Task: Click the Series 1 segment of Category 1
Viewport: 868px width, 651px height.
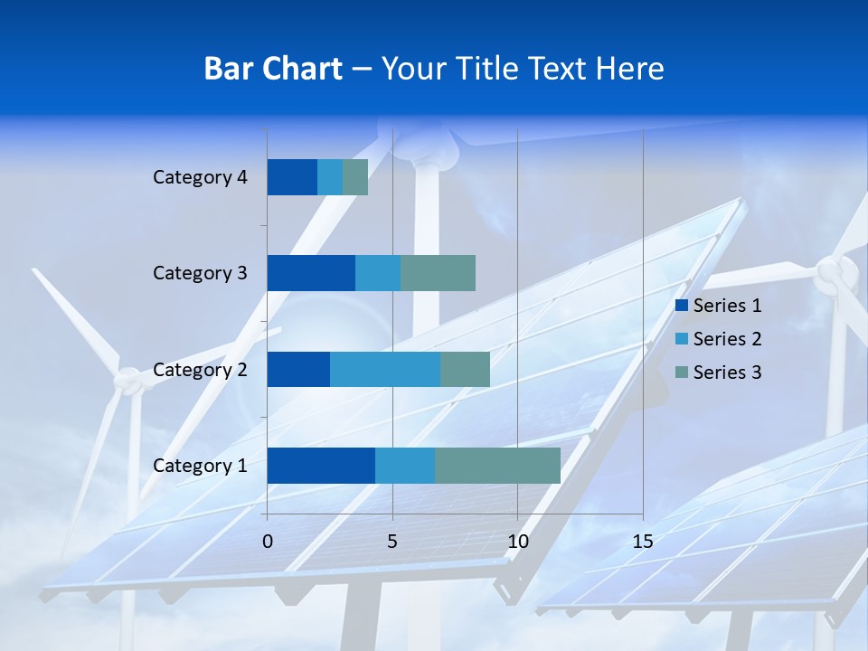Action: (321, 466)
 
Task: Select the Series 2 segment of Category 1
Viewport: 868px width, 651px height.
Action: (405, 466)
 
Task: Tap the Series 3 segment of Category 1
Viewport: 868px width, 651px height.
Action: (497, 466)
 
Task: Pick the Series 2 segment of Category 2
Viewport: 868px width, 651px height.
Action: (385, 369)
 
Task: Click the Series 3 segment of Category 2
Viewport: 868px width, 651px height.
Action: (465, 369)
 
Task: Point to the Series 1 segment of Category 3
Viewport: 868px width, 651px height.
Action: (311, 273)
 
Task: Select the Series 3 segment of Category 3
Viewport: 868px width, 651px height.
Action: (438, 273)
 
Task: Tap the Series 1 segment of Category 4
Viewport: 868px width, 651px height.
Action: (292, 177)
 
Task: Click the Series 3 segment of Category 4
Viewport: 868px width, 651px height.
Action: (355, 177)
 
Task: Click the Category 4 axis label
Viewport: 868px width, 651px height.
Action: (200, 177)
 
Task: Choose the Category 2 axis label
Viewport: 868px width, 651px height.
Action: (200, 369)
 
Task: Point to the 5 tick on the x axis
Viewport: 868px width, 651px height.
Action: (392, 542)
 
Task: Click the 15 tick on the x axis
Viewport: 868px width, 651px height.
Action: (642, 542)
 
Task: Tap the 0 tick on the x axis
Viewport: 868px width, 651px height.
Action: (268, 542)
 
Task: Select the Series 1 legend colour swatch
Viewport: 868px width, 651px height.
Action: (681, 306)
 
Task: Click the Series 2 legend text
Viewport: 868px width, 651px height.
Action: (727, 339)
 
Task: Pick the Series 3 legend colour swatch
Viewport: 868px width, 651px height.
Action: (681, 372)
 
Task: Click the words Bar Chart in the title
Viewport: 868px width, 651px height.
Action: (273, 69)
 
